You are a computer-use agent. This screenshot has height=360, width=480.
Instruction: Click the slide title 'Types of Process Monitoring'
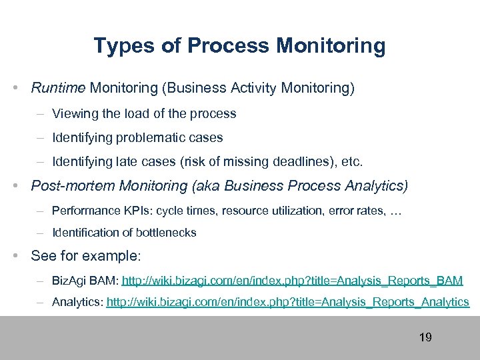(239, 46)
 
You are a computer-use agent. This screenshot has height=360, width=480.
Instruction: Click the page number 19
(425, 337)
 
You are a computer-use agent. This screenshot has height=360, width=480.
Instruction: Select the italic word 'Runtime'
(58, 87)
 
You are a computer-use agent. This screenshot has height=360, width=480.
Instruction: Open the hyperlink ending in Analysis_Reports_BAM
(292, 281)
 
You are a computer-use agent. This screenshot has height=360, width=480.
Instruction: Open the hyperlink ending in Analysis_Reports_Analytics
(288, 302)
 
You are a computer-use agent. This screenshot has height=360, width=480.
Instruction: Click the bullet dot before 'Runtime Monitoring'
(23, 87)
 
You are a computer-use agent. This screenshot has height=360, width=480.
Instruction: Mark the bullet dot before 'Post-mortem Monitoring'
(23, 185)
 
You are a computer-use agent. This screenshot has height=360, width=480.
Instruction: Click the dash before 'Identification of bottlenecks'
(41, 233)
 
